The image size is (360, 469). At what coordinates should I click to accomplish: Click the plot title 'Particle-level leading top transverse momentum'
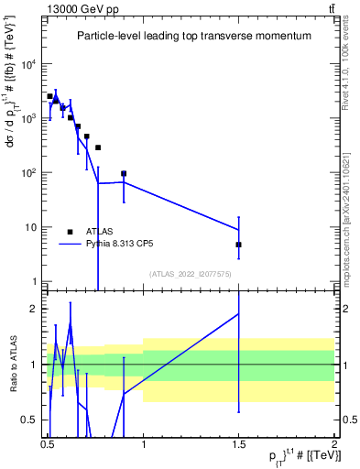click(193, 36)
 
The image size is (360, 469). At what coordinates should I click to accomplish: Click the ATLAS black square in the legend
click(70, 232)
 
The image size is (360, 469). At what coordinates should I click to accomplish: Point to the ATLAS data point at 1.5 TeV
click(238, 245)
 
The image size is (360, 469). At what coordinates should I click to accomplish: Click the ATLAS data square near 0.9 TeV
click(124, 173)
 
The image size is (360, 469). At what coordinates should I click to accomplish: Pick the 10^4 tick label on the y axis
click(31, 64)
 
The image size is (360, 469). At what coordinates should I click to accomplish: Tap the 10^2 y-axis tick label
click(31, 173)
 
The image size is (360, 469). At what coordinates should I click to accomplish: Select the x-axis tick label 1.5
click(238, 442)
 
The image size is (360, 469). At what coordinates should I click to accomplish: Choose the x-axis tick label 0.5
click(48, 442)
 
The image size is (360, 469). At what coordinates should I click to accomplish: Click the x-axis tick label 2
click(333, 442)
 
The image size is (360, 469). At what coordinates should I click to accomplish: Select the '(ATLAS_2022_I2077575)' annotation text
click(191, 273)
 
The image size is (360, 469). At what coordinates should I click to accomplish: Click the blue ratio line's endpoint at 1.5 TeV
click(238, 313)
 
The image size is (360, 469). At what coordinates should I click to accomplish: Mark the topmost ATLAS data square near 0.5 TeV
click(50, 96)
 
